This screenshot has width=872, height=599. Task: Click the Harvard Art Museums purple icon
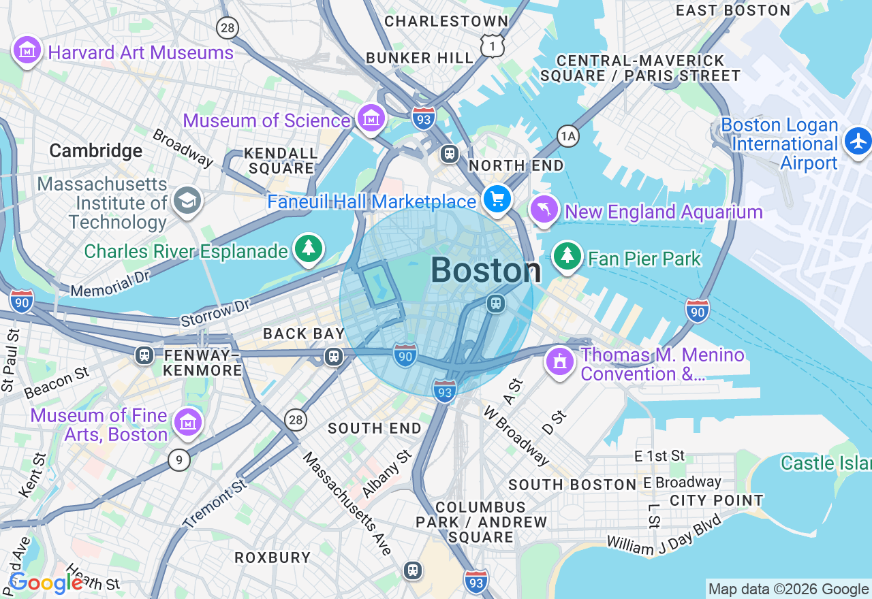coord(27,50)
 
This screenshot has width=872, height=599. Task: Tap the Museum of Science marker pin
coord(371,119)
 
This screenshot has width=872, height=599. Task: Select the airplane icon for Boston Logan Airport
coord(857,141)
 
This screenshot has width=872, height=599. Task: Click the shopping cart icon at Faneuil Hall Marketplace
coord(497,199)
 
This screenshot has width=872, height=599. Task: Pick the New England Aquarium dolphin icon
coord(544,210)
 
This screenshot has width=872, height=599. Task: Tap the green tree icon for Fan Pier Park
coord(567,256)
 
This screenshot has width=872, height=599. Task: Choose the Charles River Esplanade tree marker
coord(309,248)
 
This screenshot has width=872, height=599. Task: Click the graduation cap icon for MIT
coord(187,201)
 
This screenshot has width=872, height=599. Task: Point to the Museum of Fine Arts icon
coord(187,423)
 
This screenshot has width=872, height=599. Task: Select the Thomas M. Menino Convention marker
coord(560,362)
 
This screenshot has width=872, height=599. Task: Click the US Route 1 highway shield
coord(492,46)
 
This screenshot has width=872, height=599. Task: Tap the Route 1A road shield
coord(567,136)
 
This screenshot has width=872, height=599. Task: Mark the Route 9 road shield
coord(178,461)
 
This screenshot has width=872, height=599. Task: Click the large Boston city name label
coord(486,271)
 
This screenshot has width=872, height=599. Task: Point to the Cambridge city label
coord(96,150)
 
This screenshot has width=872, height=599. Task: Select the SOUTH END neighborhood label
coord(375,428)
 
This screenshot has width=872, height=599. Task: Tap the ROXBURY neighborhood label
coord(272,557)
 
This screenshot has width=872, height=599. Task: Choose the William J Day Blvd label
coord(664,534)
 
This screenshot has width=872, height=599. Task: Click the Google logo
coord(46,583)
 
